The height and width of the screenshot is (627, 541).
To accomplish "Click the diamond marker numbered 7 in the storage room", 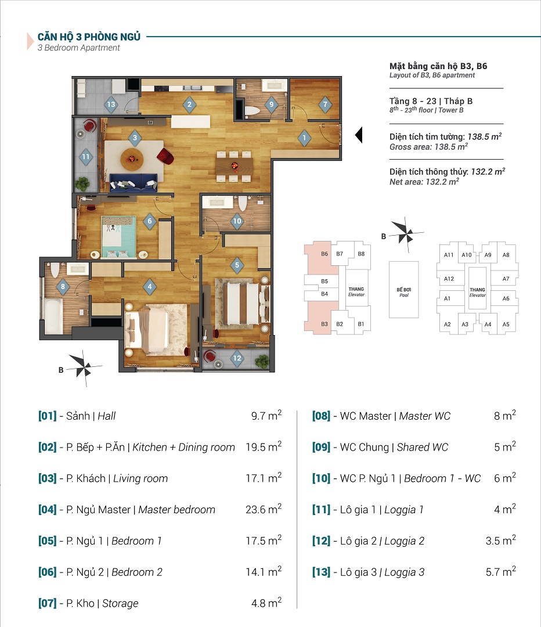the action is pyautogui.click(x=325, y=105).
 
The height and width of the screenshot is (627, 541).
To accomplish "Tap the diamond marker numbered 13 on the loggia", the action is pyautogui.click(x=111, y=105).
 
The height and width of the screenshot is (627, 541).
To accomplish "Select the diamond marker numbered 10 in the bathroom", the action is pyautogui.click(x=237, y=221).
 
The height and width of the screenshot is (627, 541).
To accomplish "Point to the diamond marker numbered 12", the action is pyautogui.click(x=237, y=358).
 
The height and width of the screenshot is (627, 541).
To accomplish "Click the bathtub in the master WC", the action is pyautogui.click(x=53, y=316).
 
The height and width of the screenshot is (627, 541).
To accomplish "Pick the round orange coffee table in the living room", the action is pyautogui.click(x=132, y=159).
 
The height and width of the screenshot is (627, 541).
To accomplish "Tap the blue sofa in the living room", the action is pyautogui.click(x=134, y=182).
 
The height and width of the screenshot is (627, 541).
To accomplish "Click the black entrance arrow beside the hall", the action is pyautogui.click(x=359, y=135).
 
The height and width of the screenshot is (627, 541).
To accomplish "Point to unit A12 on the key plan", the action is pyautogui.click(x=449, y=279).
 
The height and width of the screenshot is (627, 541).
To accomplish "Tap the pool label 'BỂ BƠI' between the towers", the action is pyautogui.click(x=404, y=290).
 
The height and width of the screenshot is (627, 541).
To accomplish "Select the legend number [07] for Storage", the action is pyautogui.click(x=47, y=603).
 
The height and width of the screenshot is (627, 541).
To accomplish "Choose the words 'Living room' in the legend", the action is pyautogui.click(x=140, y=478).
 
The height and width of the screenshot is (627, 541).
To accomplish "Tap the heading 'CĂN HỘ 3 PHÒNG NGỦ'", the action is pyautogui.click(x=89, y=37).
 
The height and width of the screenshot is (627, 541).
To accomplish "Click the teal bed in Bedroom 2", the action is pyautogui.click(x=118, y=237).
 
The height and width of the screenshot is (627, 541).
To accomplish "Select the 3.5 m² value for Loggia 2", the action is pyautogui.click(x=500, y=540).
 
